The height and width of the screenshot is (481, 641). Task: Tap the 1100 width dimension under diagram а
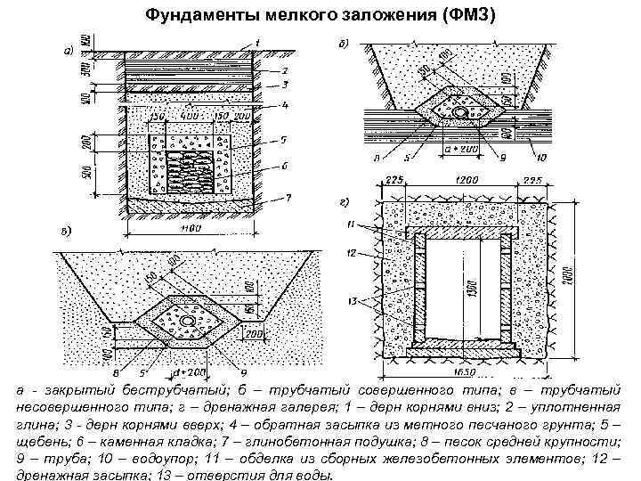[189, 228]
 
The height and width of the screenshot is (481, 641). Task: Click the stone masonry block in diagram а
[188, 168]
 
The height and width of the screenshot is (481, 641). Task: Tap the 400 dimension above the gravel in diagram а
[187, 117]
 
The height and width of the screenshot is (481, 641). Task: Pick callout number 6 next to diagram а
[283, 165]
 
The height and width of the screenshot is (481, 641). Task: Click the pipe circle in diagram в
[188, 320]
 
